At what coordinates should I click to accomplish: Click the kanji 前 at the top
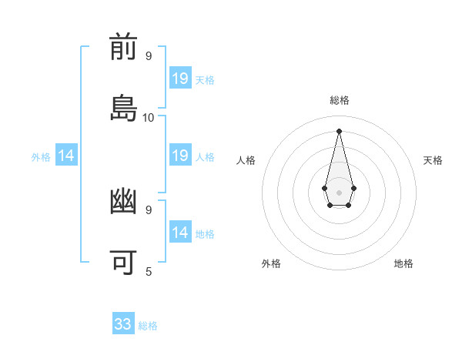124,49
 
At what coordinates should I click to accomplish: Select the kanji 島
124,108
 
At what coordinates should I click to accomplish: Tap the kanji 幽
124,203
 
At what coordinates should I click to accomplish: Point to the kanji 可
124,262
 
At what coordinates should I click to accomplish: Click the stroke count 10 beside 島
149,118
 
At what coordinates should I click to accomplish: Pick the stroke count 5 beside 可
149,271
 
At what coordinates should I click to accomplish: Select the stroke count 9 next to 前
149,56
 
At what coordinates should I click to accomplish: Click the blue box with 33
123,324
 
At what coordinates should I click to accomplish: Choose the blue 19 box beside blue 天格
180,79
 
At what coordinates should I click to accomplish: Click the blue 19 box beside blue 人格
180,156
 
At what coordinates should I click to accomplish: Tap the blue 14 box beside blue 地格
180,233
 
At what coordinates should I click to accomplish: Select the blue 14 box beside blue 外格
66,156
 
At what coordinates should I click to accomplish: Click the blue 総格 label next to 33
148,326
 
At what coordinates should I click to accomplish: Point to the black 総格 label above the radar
339,100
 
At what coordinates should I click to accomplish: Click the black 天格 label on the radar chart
433,160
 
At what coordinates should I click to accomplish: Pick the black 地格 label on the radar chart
403,263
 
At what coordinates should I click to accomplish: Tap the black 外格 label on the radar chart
271,263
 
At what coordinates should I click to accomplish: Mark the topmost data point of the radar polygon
339,130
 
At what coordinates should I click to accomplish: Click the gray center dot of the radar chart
339,191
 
